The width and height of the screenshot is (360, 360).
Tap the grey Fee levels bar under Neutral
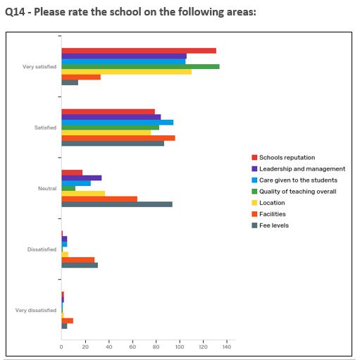(x=117, y=204)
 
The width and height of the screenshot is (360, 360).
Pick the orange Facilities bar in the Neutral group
(x=99, y=199)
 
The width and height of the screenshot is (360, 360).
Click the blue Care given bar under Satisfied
(x=117, y=123)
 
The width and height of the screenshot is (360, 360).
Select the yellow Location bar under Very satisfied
(x=126, y=71)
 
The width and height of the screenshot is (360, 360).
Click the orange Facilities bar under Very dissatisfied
(x=68, y=321)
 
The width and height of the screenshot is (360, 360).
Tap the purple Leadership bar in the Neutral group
(x=81, y=178)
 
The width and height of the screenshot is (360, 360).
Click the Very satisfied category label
(x=40, y=67)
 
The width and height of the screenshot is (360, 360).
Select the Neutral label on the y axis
(x=47, y=189)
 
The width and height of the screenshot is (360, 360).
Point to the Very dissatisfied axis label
(x=36, y=311)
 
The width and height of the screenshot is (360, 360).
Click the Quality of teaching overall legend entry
(x=297, y=192)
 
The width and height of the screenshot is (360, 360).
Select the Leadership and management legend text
(x=302, y=169)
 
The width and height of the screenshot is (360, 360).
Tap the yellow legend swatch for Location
(x=254, y=203)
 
